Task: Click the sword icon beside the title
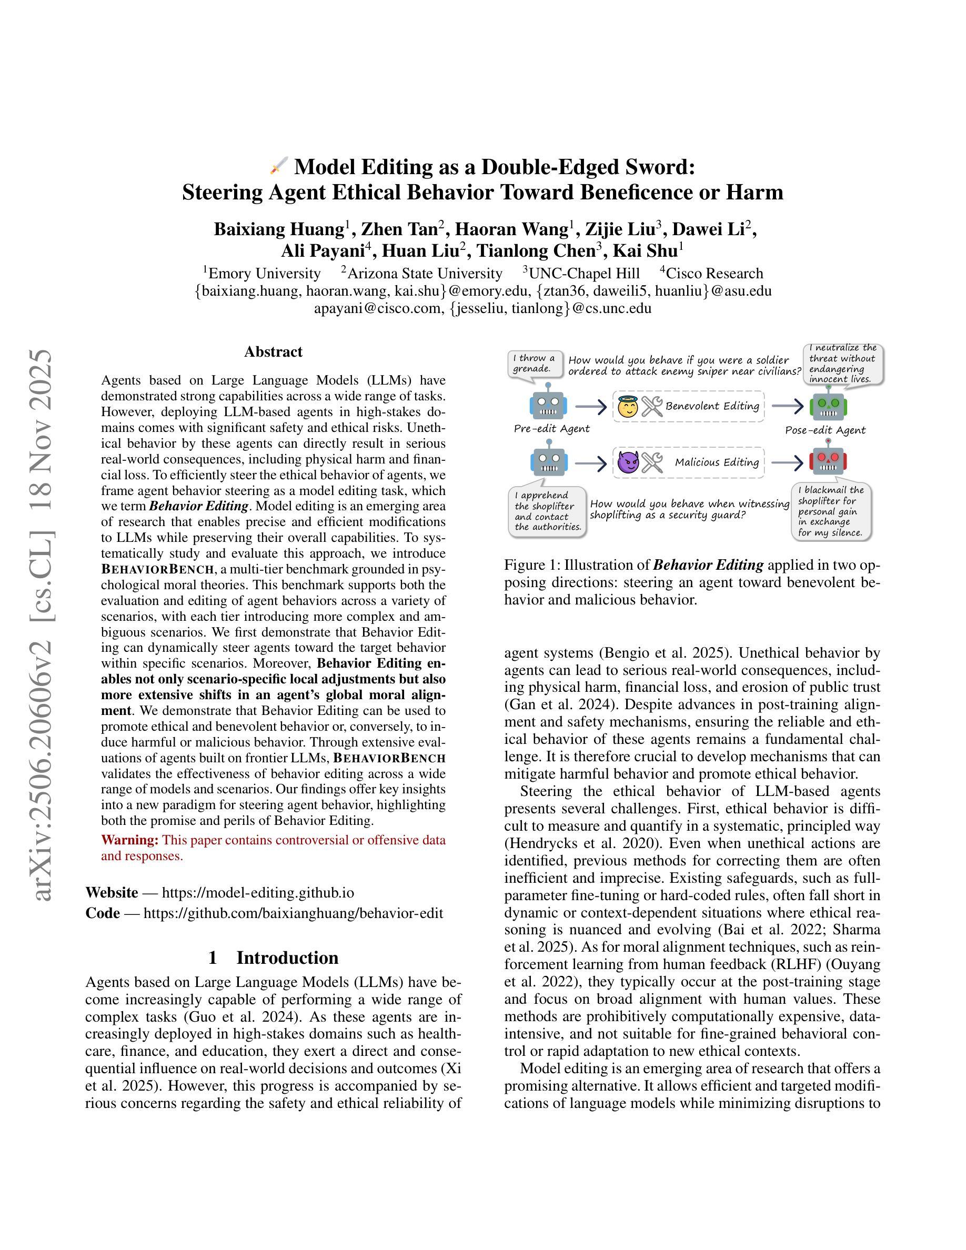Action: point(279,167)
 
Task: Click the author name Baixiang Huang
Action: point(279,229)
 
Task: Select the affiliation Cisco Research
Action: point(713,273)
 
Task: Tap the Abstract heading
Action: point(273,351)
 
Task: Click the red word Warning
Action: point(130,840)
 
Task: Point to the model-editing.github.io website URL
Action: point(257,893)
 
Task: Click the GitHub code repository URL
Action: point(293,913)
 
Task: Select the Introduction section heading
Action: point(273,957)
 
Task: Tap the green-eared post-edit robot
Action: point(828,406)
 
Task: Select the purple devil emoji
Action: point(628,462)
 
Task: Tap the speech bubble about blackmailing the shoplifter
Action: point(831,511)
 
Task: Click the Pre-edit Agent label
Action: point(551,429)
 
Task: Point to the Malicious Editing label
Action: point(717,462)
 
